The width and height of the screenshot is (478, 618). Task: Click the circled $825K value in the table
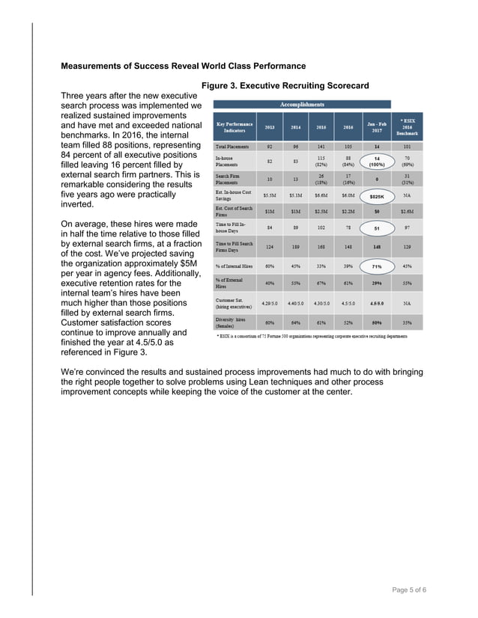[x=377, y=196]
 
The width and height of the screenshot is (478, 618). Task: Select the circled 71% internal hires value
[x=377, y=266]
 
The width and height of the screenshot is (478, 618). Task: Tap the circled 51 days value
[x=377, y=229]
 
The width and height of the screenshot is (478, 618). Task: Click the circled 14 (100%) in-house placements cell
[x=377, y=162]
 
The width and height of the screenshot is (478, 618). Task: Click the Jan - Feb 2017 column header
[x=377, y=127]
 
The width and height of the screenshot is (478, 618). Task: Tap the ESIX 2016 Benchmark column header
[x=408, y=127]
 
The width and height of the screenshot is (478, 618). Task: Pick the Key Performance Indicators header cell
[x=235, y=127]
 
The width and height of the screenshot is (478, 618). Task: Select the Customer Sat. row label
[x=234, y=304]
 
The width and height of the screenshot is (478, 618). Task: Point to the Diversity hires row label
[x=234, y=322]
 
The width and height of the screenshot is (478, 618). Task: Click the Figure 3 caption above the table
[x=285, y=86]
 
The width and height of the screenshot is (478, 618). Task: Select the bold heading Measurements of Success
[x=183, y=66]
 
